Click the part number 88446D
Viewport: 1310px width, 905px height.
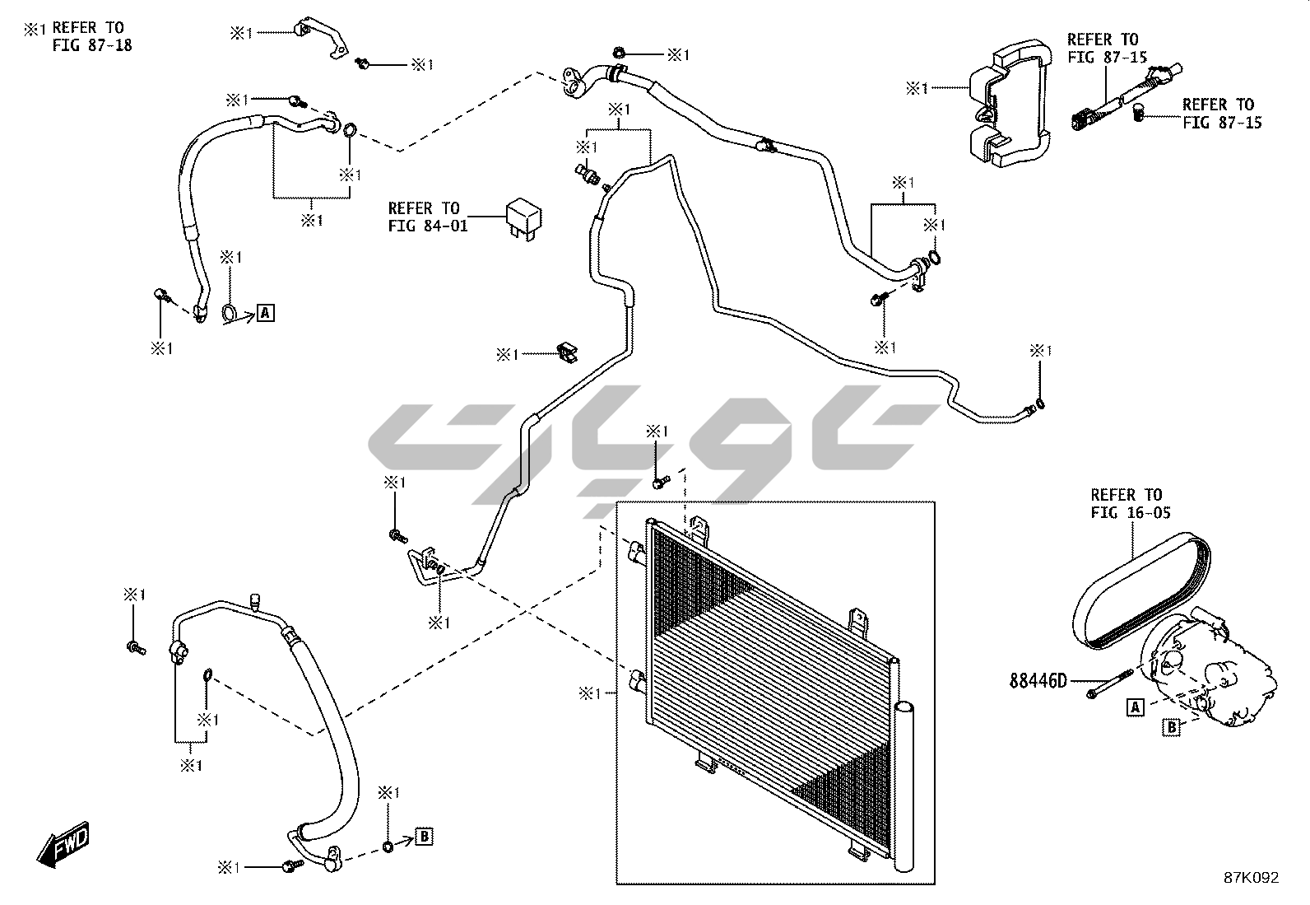point(1038,681)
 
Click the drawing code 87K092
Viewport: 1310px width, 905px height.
point(1250,878)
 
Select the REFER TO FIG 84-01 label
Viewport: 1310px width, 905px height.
point(425,217)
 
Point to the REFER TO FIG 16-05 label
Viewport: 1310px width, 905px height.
point(1126,503)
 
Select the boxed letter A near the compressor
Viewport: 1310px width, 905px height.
point(1136,707)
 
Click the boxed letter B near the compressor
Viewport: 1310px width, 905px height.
point(1171,727)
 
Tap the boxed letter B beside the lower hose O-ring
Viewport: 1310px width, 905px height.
point(424,837)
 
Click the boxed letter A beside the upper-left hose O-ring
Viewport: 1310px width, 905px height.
point(265,313)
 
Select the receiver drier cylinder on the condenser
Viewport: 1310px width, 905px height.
point(907,782)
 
